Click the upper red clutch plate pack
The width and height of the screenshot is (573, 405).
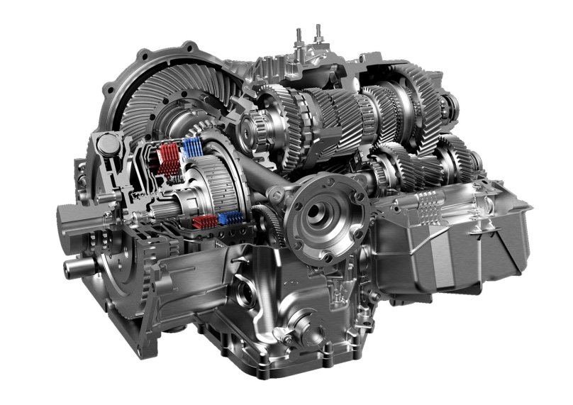coord(166,157)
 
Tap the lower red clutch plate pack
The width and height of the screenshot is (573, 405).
coord(204,222)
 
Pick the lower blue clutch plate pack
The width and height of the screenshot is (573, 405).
coord(228,218)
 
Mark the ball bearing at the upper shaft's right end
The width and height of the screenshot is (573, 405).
coord(445,106)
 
